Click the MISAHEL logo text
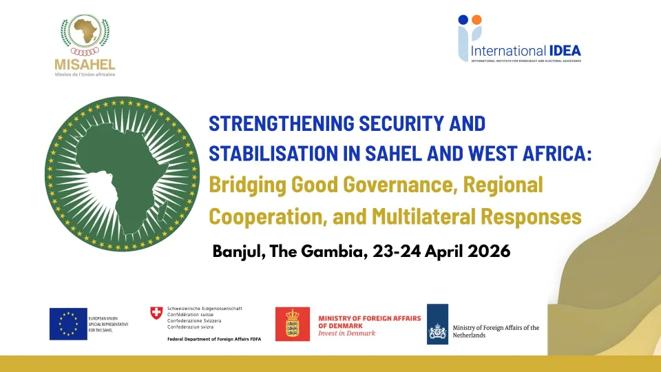(84, 64)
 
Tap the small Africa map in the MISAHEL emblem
(84, 32)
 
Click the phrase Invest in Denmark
(347, 333)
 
